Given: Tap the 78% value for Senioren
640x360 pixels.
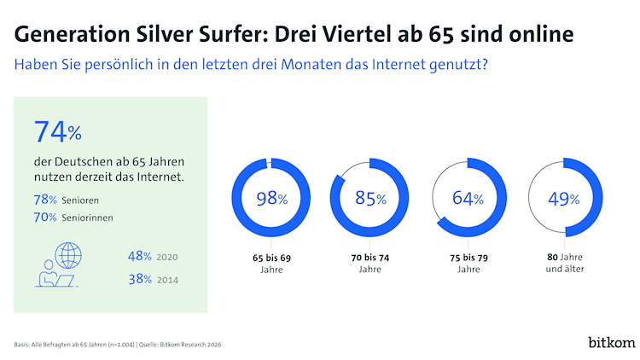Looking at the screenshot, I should pyautogui.click(x=45, y=199).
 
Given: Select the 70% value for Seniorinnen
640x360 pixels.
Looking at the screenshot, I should pyautogui.click(x=45, y=218).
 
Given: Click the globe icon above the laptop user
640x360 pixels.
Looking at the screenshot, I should pyautogui.click(x=69, y=255).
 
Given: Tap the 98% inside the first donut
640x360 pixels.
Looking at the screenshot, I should pyautogui.click(x=271, y=199).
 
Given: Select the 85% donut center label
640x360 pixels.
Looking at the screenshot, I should pyautogui.click(x=370, y=199).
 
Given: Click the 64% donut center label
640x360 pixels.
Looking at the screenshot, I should pyautogui.click(x=468, y=199).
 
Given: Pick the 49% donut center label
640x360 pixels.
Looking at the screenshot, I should pyautogui.click(x=564, y=199).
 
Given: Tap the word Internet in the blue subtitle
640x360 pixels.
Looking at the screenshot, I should pyautogui.click(x=409, y=65).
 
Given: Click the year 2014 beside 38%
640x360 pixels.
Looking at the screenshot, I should pyautogui.click(x=169, y=279).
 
